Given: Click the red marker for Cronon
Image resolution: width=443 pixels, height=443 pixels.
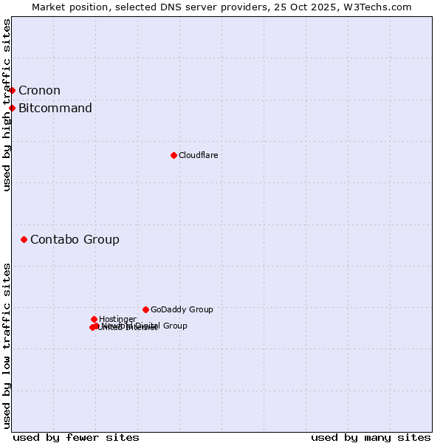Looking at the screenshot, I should (x=13, y=90).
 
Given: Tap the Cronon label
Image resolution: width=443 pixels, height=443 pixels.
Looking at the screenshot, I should (x=39, y=91).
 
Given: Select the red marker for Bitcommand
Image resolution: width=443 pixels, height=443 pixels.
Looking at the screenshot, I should (x=13, y=109).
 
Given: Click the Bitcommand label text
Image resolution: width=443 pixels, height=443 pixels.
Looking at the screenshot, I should (x=55, y=109).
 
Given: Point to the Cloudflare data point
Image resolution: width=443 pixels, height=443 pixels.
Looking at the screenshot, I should (x=174, y=155).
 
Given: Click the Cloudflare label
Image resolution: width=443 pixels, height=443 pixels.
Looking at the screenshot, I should (x=198, y=155).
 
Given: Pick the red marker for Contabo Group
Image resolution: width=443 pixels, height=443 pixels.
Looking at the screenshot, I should (x=24, y=239).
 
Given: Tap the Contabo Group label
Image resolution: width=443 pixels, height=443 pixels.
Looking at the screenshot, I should (x=75, y=239).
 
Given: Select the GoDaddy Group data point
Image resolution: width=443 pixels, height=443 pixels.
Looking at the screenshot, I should (x=145, y=309).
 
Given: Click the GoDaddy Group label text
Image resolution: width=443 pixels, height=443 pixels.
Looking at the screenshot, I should (x=182, y=309).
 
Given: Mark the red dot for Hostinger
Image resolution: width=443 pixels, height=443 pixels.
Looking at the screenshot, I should (x=94, y=319).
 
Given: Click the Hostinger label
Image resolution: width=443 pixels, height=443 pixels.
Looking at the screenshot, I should (x=117, y=319).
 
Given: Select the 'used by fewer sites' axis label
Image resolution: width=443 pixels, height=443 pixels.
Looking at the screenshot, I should (x=76, y=437).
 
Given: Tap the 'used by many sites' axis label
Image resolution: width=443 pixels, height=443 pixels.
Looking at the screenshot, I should (x=371, y=437).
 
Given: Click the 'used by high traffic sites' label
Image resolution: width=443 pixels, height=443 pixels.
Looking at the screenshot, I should (x=7, y=105).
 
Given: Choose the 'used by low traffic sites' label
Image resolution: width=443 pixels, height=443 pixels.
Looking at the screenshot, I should (x=7, y=346).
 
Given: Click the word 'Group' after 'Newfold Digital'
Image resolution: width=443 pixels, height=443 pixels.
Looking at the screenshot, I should (x=174, y=326).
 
